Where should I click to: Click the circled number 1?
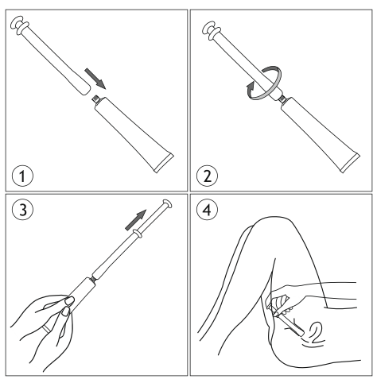[x=22, y=176]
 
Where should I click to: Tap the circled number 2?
[x=208, y=176]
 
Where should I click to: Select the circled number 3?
[x=22, y=210]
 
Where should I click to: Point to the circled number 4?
[x=208, y=210]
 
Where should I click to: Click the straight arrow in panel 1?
[x=95, y=79]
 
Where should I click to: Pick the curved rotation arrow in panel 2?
[x=265, y=83]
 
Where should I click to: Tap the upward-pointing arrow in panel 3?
[x=135, y=219]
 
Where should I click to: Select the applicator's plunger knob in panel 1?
[x=19, y=25]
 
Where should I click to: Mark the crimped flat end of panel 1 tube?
[x=164, y=163]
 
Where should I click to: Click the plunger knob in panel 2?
[x=210, y=31]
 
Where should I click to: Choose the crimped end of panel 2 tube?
[x=350, y=163]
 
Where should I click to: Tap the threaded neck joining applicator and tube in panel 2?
[x=282, y=99]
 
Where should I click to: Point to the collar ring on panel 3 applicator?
[x=138, y=234]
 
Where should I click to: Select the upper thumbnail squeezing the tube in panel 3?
[x=70, y=300]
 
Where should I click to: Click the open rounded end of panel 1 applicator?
[x=84, y=89]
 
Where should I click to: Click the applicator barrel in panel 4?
[x=290, y=324]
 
